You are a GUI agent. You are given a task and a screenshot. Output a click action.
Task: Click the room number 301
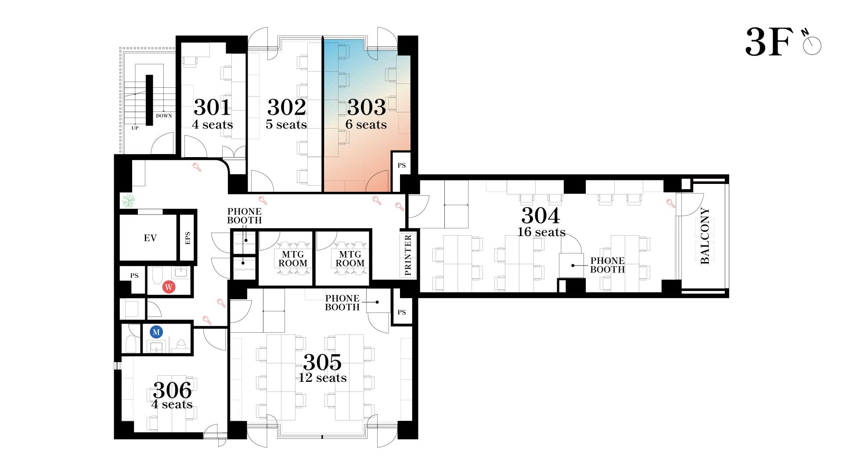coord(213,107)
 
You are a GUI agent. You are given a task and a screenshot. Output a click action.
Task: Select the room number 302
coord(287,107)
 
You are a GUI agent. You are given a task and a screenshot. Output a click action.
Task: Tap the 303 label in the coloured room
coord(367,107)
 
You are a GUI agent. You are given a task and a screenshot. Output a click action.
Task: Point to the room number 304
coord(540,215)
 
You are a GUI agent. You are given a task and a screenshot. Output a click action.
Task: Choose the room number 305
coord(322,363)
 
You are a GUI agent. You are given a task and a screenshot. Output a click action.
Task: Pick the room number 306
coord(173,390)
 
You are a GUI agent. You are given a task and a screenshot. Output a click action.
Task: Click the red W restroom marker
coord(169,287)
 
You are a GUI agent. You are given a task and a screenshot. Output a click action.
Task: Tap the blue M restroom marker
coord(156,332)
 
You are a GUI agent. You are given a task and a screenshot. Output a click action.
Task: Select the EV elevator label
coord(150,238)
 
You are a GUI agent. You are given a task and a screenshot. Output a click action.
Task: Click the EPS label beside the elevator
coord(187,238)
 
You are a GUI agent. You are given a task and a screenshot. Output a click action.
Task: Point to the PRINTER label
coord(408,255)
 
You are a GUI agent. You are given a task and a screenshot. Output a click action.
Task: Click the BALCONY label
coord(705,236)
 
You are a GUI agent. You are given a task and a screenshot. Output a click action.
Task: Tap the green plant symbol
coord(129,201)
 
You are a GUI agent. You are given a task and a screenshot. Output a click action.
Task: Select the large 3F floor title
coord(769,42)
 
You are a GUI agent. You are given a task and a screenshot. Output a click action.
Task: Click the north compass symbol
coord(811,43)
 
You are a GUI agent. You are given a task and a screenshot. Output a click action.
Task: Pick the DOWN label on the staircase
coord(164,116)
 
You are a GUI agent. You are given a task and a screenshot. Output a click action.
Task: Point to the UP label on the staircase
coord(135,128)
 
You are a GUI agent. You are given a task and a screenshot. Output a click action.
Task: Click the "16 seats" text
coord(541,232)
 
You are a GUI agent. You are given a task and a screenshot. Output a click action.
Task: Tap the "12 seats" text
coord(323,377)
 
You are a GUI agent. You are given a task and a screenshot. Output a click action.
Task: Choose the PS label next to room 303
coord(401,165)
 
